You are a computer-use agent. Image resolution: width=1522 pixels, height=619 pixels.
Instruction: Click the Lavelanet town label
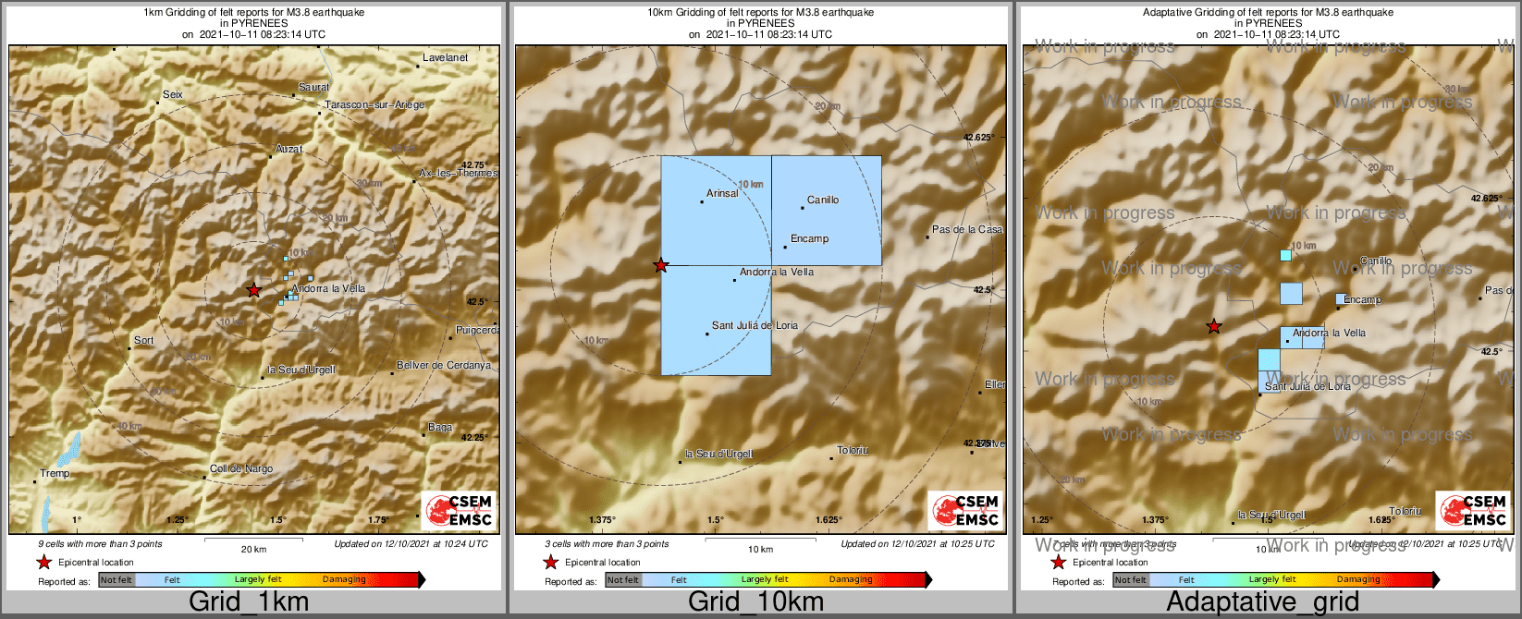click(x=445, y=57)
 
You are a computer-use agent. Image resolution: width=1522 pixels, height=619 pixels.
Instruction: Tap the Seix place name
click(x=173, y=94)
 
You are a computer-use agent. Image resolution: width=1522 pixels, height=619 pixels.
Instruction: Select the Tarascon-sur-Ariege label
click(x=374, y=105)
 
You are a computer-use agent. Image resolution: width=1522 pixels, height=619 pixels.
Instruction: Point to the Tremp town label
click(x=55, y=474)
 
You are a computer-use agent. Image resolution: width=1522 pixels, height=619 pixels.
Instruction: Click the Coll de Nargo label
click(x=241, y=468)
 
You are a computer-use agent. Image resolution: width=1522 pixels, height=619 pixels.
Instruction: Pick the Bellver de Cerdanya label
click(x=444, y=366)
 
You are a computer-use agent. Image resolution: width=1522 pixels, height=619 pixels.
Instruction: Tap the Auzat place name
click(x=288, y=149)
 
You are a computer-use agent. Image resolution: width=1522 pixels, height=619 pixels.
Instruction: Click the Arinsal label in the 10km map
click(x=722, y=194)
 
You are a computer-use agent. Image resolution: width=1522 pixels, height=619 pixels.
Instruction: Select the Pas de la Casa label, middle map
click(x=966, y=230)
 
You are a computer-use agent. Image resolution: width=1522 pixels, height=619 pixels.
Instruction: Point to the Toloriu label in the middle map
click(x=853, y=451)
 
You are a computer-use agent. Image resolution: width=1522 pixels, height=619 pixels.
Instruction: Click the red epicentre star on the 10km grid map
click(x=660, y=266)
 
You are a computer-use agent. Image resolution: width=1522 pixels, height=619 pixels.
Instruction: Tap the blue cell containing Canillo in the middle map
click(x=826, y=211)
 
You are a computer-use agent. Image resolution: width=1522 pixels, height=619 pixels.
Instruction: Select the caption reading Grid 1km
click(x=249, y=602)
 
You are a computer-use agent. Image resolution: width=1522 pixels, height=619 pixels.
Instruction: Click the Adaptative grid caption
click(x=1262, y=602)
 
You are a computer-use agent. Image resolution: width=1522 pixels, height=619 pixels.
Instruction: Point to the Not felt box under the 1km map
click(x=117, y=580)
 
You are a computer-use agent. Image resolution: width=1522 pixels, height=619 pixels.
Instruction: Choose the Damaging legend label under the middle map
click(x=851, y=580)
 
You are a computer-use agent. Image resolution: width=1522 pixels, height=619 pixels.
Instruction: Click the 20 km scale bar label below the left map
click(x=253, y=550)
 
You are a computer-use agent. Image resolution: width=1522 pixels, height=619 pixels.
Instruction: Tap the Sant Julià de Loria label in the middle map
click(x=755, y=325)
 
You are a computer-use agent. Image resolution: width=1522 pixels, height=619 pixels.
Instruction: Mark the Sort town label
click(x=143, y=341)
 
